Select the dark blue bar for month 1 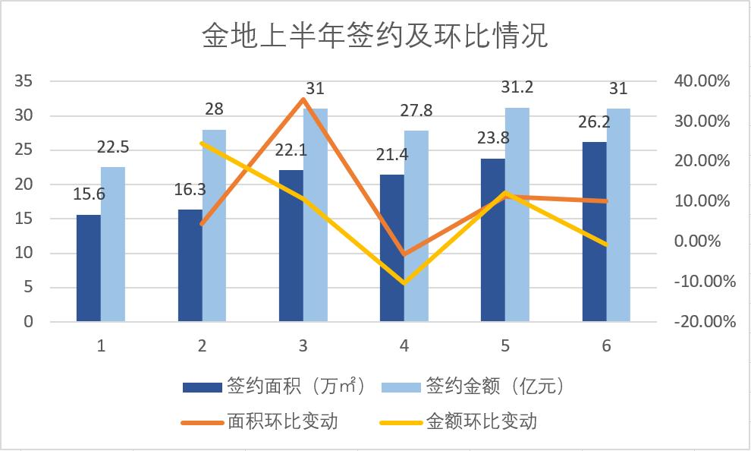coord(89,268)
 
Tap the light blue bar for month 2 coord(214,225)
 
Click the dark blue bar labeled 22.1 coord(291,245)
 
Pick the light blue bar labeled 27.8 coord(416,226)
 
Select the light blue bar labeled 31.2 coord(517,215)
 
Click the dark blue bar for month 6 coord(594,232)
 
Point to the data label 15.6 coord(90,194)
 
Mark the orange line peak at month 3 coord(303,99)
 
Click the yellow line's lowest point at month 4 coord(404,282)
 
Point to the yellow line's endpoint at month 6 coord(606,244)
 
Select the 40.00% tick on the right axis coord(701,81)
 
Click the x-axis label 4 coord(404,346)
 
